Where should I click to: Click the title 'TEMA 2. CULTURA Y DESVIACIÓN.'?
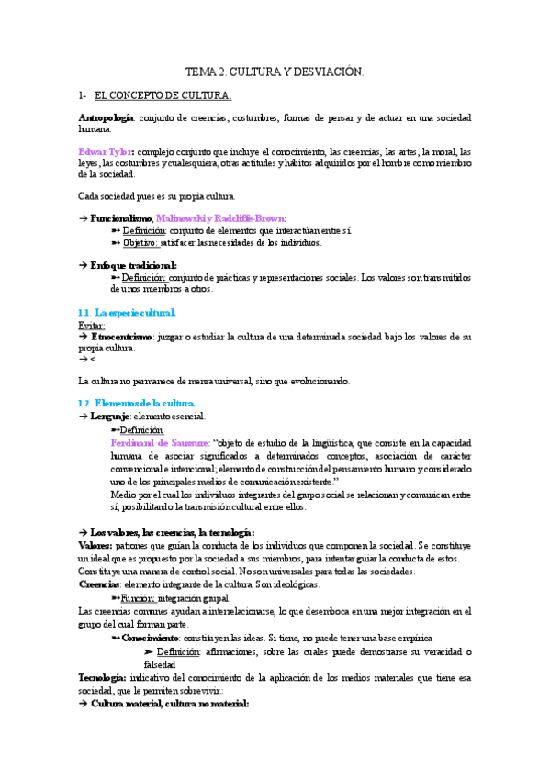(275, 71)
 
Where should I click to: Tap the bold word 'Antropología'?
(107, 118)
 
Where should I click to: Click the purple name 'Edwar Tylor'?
(106, 151)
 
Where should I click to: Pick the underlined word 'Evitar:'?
(92, 325)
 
